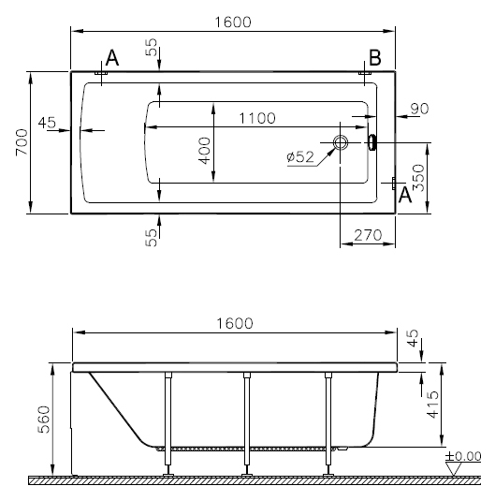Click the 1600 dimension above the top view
pos(233,22)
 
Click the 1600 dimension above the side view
pos(235,323)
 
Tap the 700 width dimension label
pos(22,142)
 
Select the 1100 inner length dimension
pos(257,118)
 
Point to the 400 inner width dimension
pos(204,151)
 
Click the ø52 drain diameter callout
pos(300,157)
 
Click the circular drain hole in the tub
pos(340,142)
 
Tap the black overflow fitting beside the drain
pos(372,142)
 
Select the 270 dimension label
pos(368,235)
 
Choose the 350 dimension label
pos(418,178)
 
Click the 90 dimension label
pos(419,109)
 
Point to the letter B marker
pos(375,58)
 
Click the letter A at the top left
pos(112,58)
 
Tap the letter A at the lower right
pos(405,195)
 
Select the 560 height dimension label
pos(44,420)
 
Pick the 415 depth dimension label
pos(433,405)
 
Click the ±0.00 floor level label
pos(463,456)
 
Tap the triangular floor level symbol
pos(454,469)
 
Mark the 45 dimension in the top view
pos(47,123)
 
